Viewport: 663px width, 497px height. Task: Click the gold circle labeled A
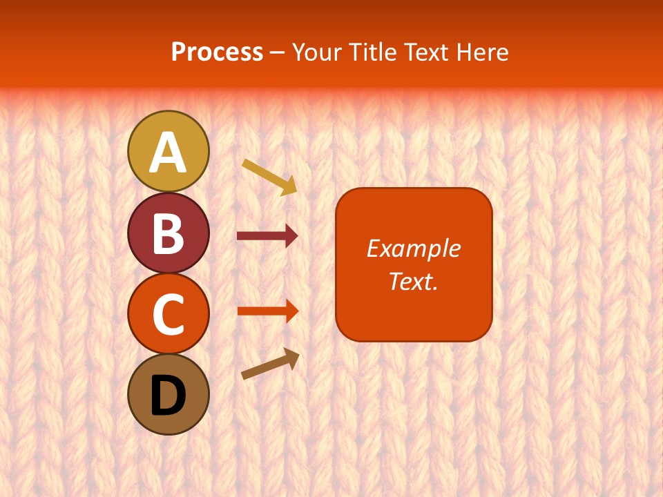168,150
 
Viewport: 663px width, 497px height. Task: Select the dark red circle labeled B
168,233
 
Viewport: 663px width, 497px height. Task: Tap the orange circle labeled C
168,313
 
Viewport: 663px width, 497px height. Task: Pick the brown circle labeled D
168,394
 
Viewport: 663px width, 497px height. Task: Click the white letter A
168,153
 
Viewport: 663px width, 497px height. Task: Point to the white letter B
168,233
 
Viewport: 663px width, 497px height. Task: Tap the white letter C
168,315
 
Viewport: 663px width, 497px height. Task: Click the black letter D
168,396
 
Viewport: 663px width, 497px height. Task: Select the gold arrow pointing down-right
269,176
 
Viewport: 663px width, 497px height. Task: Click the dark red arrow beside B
267,236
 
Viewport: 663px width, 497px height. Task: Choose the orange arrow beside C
267,311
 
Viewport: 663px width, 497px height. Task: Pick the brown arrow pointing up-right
270,364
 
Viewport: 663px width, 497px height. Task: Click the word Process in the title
217,52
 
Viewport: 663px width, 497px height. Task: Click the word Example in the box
413,248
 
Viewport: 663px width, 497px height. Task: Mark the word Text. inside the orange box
413,281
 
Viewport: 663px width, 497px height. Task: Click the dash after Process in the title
277,53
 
